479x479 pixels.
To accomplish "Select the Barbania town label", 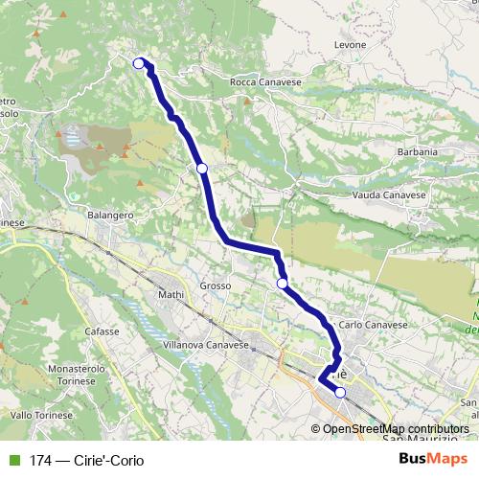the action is coord(417,151).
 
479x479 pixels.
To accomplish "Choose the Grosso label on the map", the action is coord(217,285).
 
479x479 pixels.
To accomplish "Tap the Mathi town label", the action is coord(170,295).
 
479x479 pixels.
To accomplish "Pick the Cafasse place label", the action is coord(101,331).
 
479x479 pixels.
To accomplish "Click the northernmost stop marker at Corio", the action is coord(139,63).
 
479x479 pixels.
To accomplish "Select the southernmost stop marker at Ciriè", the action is coord(340,392).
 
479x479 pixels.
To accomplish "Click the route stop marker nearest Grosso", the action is coord(282,284).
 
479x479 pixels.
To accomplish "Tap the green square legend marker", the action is coord(11,460).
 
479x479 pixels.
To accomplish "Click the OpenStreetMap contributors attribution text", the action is coord(396,429).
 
